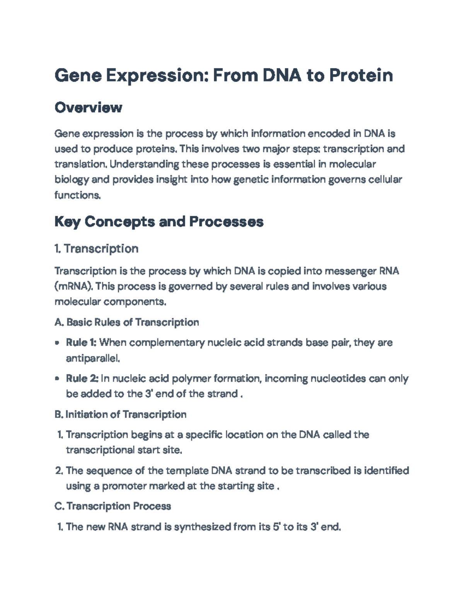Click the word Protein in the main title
click(361, 75)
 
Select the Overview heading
click(89, 107)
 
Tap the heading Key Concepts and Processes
click(159, 222)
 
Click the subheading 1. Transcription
click(97, 248)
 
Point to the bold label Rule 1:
click(81, 343)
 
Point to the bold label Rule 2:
click(82, 378)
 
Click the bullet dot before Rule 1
click(57, 343)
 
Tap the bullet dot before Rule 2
click(57, 379)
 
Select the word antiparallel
click(92, 359)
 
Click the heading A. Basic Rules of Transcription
click(127, 322)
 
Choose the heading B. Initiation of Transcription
click(121, 415)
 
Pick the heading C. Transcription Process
click(113, 506)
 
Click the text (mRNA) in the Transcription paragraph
click(73, 286)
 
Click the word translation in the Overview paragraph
click(80, 164)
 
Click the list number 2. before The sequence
click(59, 471)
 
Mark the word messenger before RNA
click(350, 271)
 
